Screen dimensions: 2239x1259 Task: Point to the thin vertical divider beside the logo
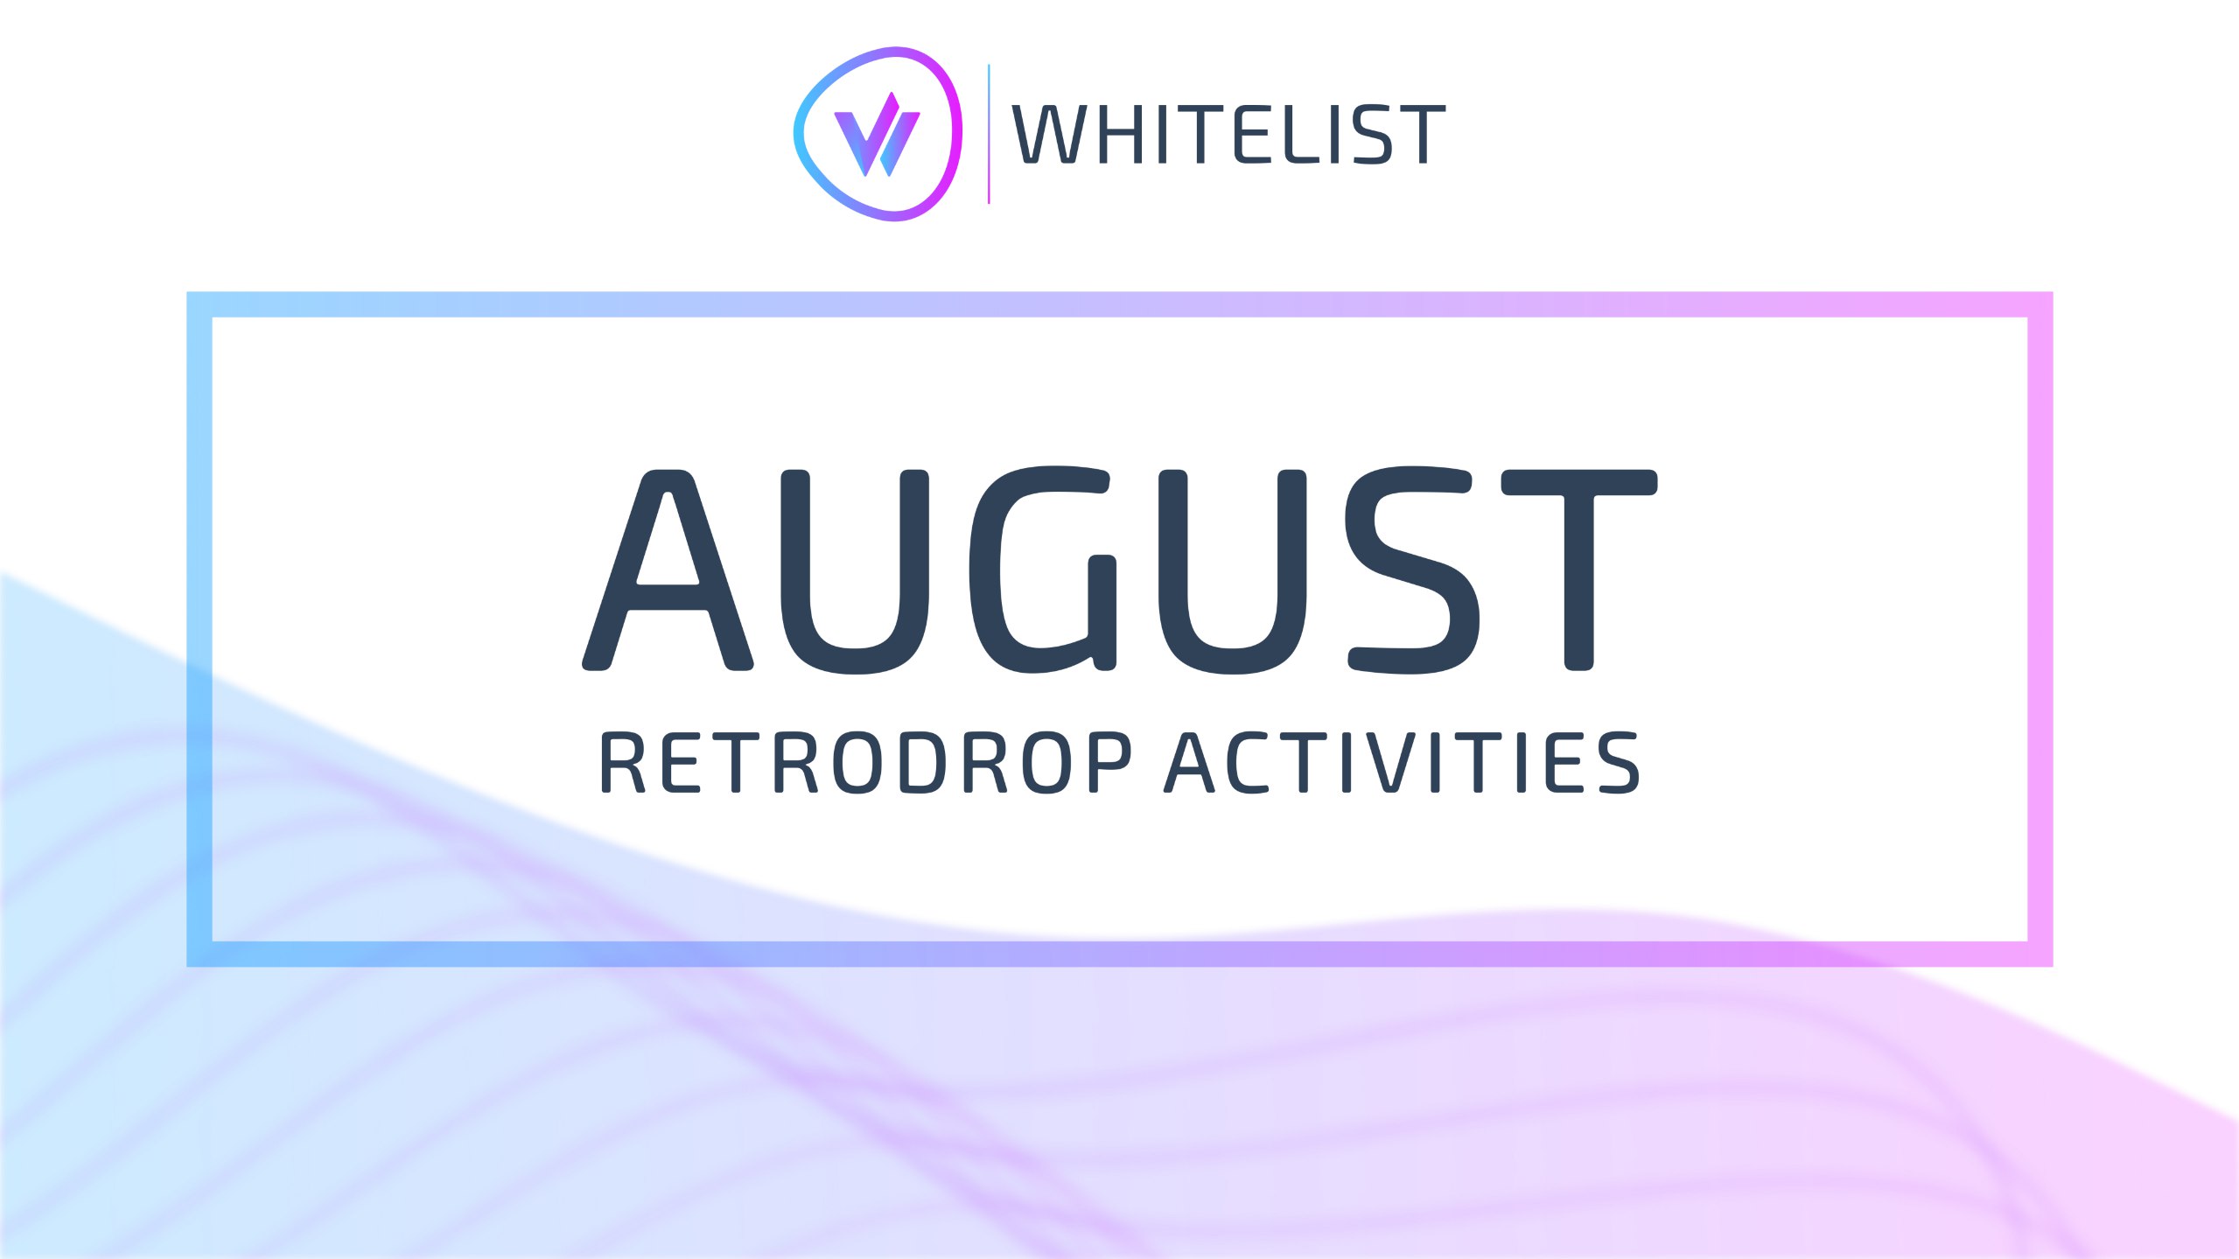tap(989, 134)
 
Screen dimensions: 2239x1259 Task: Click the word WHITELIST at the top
tap(1228, 134)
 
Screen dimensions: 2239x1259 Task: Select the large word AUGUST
tap(1119, 570)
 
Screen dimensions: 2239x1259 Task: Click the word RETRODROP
tap(865, 763)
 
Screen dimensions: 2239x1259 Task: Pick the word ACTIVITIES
tap(1402, 763)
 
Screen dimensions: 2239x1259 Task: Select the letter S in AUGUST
tap(1411, 570)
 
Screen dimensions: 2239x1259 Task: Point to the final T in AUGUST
tap(1579, 570)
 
